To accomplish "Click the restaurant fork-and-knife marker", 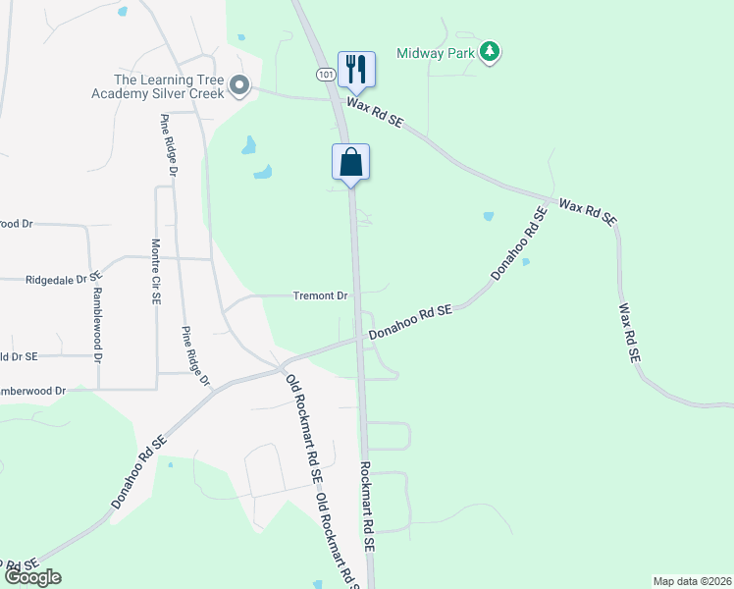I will pyautogui.click(x=353, y=69).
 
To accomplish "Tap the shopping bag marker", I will pyautogui.click(x=351, y=163).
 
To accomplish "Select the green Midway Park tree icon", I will pyautogui.click(x=490, y=51).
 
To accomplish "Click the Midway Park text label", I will pyautogui.click(x=436, y=51).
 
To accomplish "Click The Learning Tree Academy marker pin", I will pyautogui.click(x=238, y=87).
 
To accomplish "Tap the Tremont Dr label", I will pyautogui.click(x=321, y=295).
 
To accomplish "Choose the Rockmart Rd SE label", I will pyautogui.click(x=367, y=506).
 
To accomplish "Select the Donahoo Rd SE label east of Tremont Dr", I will pyautogui.click(x=410, y=323).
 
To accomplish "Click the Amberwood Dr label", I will pyautogui.click(x=32, y=391).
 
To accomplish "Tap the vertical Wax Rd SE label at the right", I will pyautogui.click(x=627, y=335).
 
